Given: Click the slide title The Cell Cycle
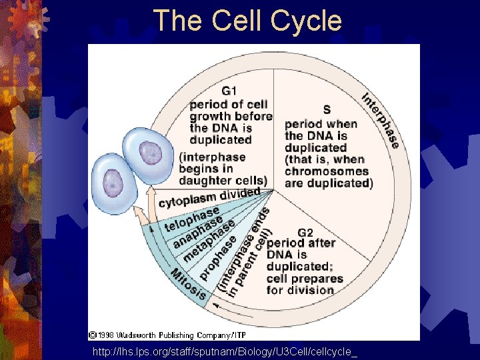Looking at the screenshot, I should coord(247,21).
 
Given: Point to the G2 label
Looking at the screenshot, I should coord(305,233).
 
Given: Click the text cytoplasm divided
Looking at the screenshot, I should coord(209,197).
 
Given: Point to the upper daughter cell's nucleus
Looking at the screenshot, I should coord(150,154).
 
